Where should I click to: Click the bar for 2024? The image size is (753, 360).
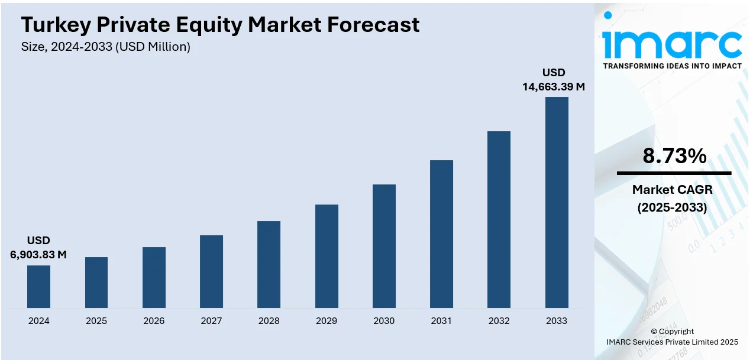click(x=39, y=287)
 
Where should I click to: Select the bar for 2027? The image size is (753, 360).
click(x=211, y=271)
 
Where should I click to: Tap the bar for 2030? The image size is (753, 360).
click(x=384, y=246)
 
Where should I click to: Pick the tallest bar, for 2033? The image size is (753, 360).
click(x=557, y=202)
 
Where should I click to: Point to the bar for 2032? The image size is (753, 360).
click(x=499, y=219)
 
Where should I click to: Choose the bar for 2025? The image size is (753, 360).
click(x=96, y=283)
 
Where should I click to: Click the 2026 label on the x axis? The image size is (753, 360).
click(x=154, y=321)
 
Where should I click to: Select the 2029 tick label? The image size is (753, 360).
click(x=327, y=321)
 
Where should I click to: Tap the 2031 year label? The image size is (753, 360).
click(x=441, y=321)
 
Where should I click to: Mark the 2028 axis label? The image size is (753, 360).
click(x=269, y=321)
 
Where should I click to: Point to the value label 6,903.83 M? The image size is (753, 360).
click(x=38, y=255)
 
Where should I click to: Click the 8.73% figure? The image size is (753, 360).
click(x=674, y=157)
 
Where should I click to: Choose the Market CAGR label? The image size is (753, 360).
click(x=673, y=190)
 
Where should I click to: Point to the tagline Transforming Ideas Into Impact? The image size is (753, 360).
click(x=672, y=66)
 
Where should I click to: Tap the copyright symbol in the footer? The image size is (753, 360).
click(x=654, y=332)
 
